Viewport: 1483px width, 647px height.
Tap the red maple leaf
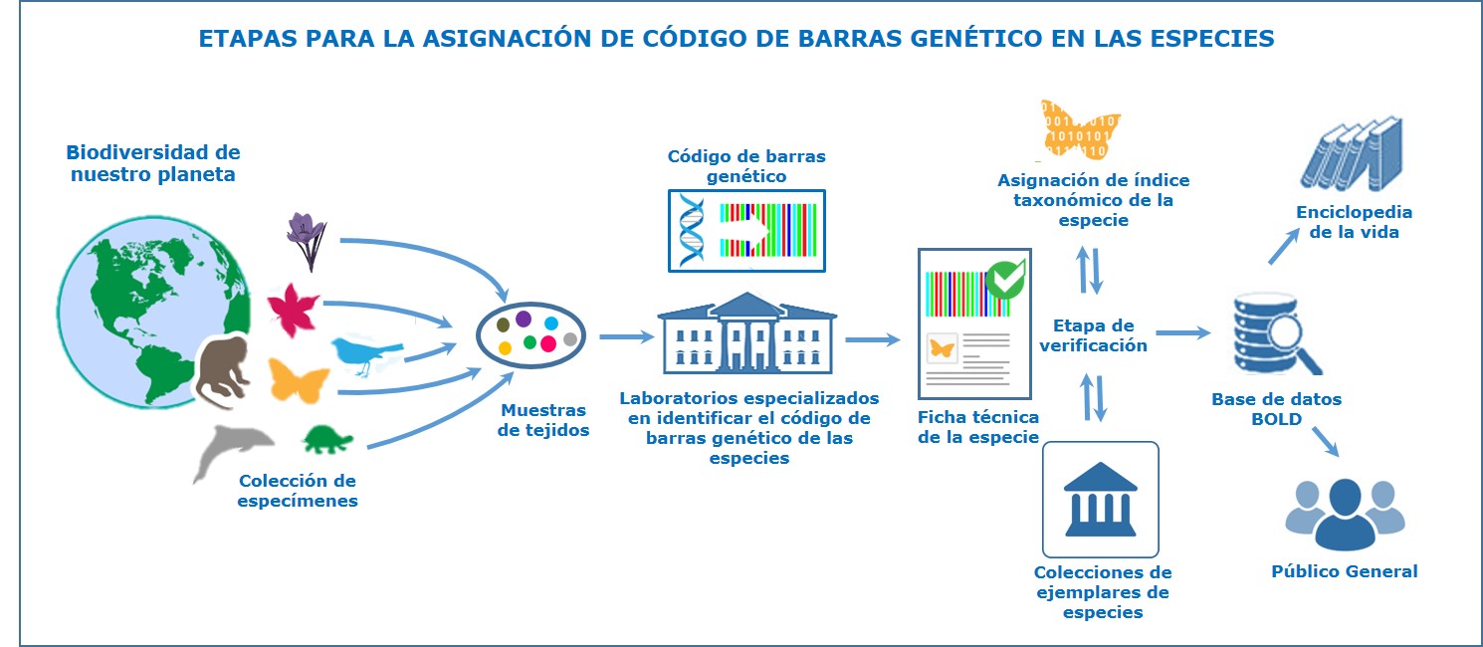coord(293,310)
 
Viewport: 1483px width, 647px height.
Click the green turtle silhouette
coord(327,439)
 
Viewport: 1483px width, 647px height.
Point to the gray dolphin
coord(232,447)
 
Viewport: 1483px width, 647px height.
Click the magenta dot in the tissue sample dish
coord(548,343)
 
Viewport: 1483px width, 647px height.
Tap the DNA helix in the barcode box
coord(692,231)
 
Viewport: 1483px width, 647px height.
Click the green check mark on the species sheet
coord(1005,280)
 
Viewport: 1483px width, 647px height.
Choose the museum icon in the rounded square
coord(1101,500)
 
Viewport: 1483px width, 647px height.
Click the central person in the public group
coord(1346,516)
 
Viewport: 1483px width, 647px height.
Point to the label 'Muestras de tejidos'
coord(542,420)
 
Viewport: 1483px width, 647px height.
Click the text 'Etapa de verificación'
coord(1093,335)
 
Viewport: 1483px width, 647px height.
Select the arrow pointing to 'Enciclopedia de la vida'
coord(1284,246)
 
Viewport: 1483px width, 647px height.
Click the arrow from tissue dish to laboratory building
coord(626,336)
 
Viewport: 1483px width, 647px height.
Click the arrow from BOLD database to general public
coord(1326,442)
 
